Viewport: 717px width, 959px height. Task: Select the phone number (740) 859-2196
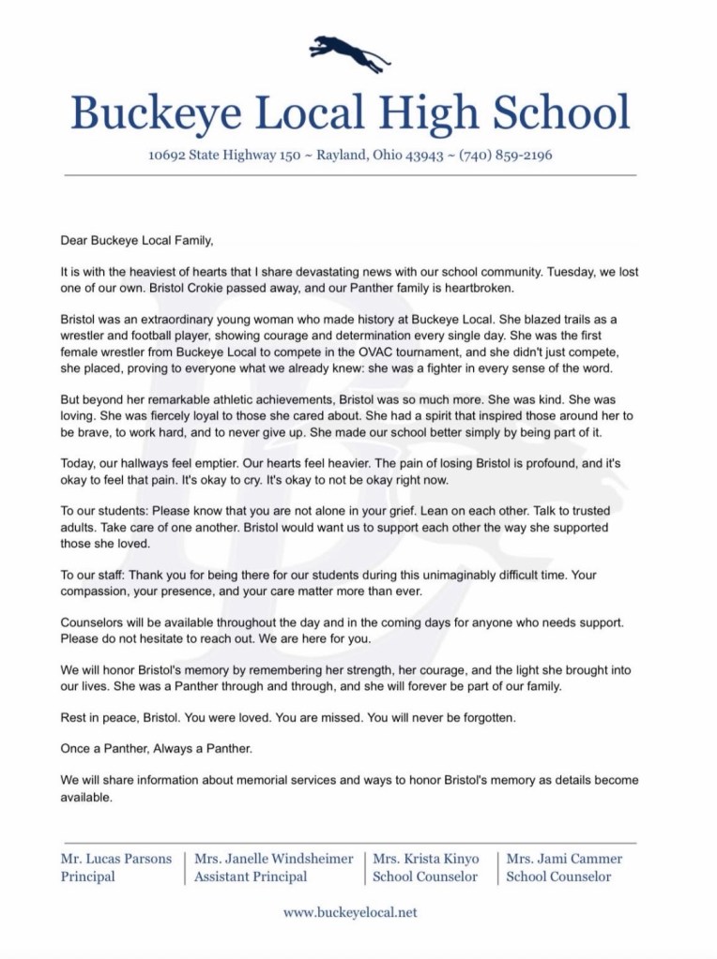click(506, 156)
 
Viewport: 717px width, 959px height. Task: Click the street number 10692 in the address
click(168, 156)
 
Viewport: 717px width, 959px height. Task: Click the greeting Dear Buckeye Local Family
click(144, 241)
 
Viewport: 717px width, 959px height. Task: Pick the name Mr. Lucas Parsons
click(115, 858)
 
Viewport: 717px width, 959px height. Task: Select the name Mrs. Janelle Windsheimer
click(273, 858)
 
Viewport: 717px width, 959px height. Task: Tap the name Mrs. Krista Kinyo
click(425, 858)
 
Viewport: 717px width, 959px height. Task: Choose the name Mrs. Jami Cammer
click(564, 858)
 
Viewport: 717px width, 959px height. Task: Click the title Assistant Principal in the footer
click(251, 877)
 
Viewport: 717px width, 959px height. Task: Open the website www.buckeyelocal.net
click(349, 911)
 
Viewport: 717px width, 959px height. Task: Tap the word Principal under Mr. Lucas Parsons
click(88, 877)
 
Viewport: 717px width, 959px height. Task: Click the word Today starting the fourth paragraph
click(79, 463)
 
